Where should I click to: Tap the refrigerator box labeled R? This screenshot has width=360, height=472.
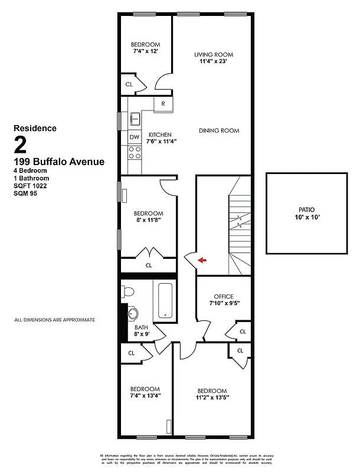point(163,104)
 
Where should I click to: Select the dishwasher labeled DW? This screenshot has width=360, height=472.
point(135,137)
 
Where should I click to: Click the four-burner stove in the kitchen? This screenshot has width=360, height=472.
point(135,153)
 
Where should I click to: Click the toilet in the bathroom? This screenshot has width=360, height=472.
point(128,291)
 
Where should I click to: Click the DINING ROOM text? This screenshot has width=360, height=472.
point(218,130)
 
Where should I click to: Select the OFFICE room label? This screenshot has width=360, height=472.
point(224,297)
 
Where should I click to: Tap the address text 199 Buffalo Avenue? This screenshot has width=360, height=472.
point(58,162)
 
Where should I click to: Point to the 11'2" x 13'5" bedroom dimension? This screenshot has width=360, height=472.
point(212,398)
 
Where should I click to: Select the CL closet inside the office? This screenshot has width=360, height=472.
point(242,332)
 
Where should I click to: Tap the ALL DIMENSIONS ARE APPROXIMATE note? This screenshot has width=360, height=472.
point(54,320)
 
